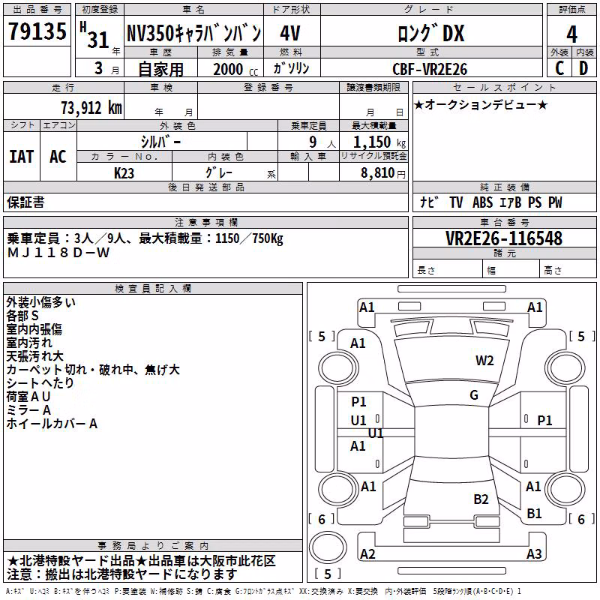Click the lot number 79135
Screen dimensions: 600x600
[x=37, y=31]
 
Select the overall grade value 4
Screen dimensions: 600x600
[x=571, y=34]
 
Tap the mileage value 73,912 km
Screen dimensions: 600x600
[x=91, y=107]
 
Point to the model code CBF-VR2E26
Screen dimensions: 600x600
[x=430, y=69]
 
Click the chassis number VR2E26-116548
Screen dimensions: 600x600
[x=504, y=238]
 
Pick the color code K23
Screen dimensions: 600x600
[x=124, y=173]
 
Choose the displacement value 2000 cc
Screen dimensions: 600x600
[x=235, y=69]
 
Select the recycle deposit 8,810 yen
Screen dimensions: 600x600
[x=383, y=173]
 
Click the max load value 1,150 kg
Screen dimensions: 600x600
[x=379, y=142]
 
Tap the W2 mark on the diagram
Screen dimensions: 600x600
[x=484, y=361]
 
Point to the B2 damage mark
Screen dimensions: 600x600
[x=481, y=499]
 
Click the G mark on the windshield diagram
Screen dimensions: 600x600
[x=474, y=394]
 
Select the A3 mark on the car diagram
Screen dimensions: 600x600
[x=534, y=553]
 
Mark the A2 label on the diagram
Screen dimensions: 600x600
[x=367, y=553]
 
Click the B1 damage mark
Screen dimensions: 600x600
[x=534, y=513]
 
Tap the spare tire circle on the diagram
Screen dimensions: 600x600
[x=328, y=547]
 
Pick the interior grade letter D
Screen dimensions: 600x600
[x=583, y=68]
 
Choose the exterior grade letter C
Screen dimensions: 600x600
[x=559, y=68]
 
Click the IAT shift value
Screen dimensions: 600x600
[x=22, y=157]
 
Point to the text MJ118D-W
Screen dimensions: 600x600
[x=58, y=253]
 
